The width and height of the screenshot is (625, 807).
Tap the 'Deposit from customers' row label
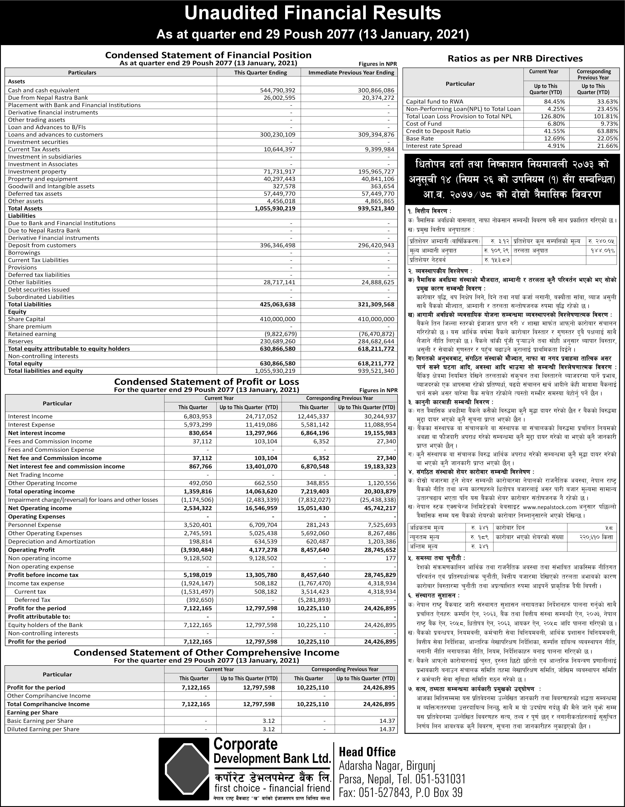(42, 245)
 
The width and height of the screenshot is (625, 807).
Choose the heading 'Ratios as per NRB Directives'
(515, 58)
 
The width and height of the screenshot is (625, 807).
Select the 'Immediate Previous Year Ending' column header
(351, 72)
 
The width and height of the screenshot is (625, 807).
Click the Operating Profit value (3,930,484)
(198, 550)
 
